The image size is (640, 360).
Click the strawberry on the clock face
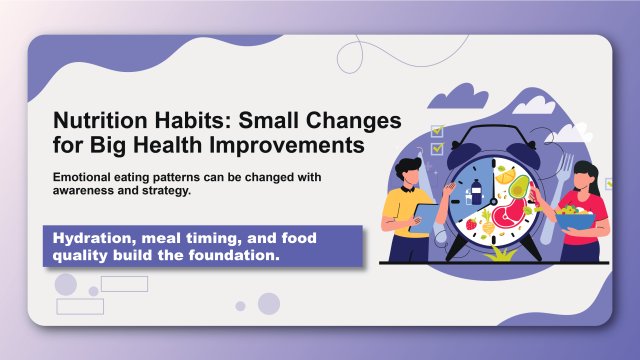pos(471,224)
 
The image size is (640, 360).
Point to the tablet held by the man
pos(425,215)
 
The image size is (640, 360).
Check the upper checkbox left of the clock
pos(436,130)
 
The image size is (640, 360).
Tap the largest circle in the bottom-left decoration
pos(66,285)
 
